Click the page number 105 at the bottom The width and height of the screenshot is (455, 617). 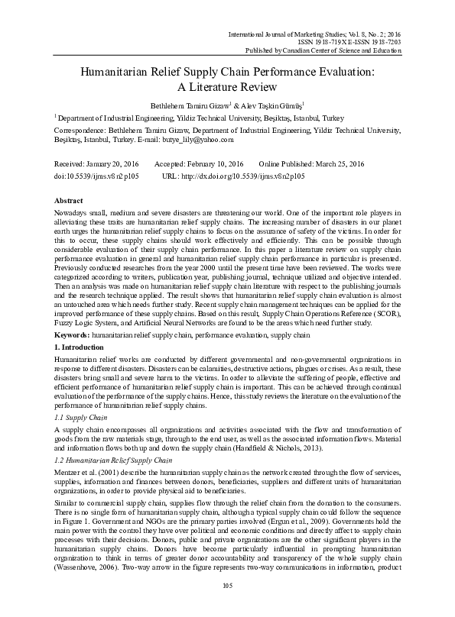tap(227, 606)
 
